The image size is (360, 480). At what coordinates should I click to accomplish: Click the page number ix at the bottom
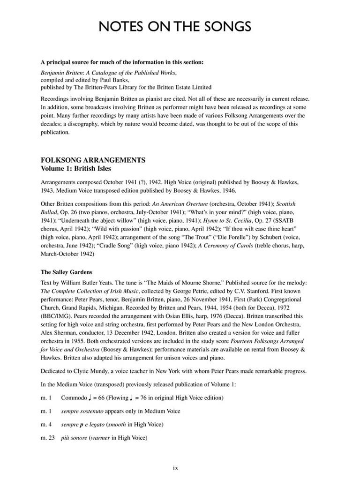pos(175,467)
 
